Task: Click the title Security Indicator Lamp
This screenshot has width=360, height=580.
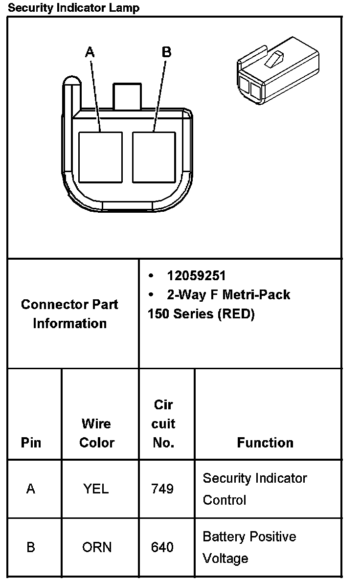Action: point(74,8)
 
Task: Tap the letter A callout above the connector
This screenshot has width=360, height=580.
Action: point(90,52)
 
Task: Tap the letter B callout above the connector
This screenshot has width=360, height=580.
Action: point(166,52)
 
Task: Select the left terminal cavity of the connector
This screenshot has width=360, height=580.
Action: point(100,157)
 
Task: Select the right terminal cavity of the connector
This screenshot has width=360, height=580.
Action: point(154,157)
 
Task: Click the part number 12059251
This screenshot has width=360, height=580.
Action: point(196,276)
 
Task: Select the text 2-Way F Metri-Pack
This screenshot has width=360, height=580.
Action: point(228,294)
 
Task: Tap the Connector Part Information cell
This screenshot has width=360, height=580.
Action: point(69,313)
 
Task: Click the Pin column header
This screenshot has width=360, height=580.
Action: point(31,443)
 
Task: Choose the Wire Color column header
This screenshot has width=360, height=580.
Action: point(97,433)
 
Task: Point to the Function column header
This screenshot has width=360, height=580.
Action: point(265,443)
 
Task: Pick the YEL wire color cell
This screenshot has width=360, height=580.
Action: point(96,489)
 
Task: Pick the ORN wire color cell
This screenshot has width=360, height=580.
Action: point(97,547)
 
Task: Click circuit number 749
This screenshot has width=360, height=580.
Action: point(162,489)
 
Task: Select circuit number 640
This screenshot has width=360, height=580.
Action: point(162,547)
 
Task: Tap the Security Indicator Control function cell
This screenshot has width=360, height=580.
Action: point(254,489)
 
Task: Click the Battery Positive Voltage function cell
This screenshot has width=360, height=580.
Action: point(249,547)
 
